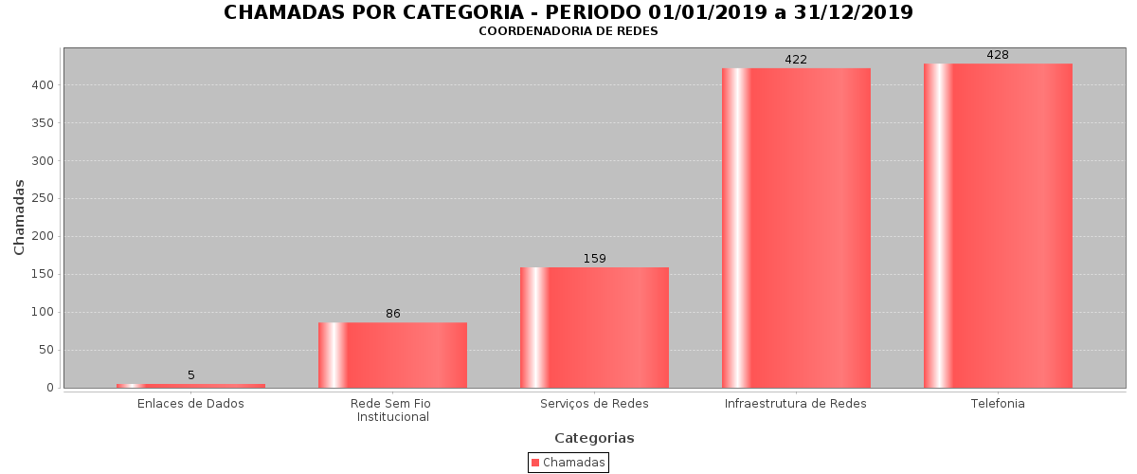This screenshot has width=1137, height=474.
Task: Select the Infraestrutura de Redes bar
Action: click(x=796, y=228)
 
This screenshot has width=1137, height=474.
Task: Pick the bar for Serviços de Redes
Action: click(x=594, y=327)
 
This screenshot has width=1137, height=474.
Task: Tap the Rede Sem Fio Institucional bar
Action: click(x=392, y=355)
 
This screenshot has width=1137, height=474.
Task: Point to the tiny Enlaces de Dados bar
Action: click(x=190, y=386)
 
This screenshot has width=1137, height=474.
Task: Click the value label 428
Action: click(x=998, y=55)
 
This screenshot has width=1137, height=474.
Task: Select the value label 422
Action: click(x=796, y=60)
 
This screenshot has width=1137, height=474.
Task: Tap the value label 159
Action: click(x=594, y=259)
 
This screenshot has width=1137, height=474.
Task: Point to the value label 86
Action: click(x=392, y=314)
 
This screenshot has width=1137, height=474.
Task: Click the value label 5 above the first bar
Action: click(x=190, y=375)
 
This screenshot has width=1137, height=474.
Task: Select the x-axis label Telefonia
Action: click(x=998, y=404)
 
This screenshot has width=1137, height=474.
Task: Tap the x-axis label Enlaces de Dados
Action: click(x=190, y=404)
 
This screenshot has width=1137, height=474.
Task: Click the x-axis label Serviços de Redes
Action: click(x=594, y=404)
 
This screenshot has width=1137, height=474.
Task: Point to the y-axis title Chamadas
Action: click(x=20, y=217)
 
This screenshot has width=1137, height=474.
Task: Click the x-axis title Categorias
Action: click(x=594, y=438)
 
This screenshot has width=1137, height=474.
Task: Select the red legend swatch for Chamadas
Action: click(x=535, y=463)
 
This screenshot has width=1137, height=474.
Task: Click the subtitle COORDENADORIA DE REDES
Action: click(x=568, y=31)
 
